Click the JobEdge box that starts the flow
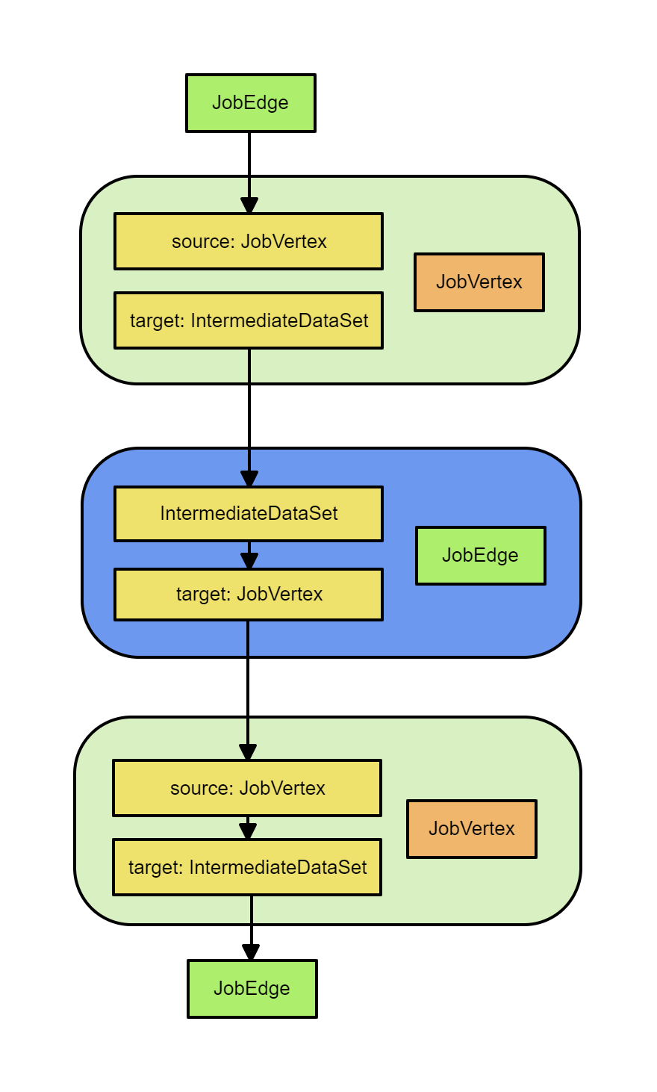coord(251,103)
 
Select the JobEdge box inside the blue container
coord(480,555)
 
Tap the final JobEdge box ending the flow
coord(252,988)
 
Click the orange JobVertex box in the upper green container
coord(479,282)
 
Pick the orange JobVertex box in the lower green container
coord(471,828)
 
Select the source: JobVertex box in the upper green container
coord(249,241)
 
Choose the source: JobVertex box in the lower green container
coord(247,788)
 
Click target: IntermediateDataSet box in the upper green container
coord(249,320)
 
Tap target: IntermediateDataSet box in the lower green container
coord(247,867)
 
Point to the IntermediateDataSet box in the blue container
coord(249,513)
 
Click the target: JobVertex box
coord(249,594)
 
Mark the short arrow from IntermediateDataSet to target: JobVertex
coord(249,556)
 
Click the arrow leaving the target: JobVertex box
coord(248,687)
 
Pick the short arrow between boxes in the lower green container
coord(248,828)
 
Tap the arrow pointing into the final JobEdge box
coord(252,930)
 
